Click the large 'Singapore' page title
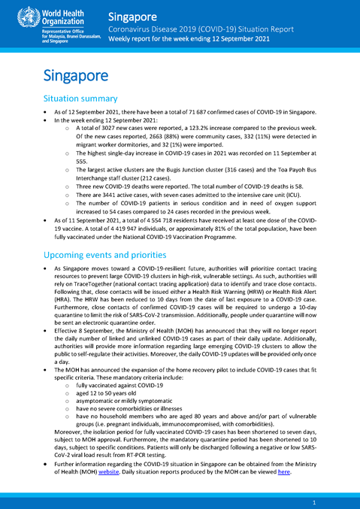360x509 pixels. point(75,75)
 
